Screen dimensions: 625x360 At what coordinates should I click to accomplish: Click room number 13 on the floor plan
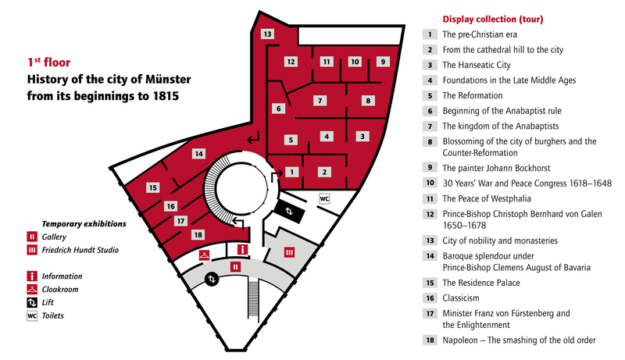coord(267,34)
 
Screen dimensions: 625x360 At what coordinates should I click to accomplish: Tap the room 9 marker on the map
coord(383,62)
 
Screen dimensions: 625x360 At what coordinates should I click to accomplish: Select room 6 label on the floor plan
coord(278,109)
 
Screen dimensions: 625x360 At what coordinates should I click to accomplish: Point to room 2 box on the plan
coord(324,172)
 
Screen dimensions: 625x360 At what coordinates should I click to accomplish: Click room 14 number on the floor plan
coord(198,154)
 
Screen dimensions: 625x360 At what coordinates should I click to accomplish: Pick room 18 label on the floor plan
coord(198,235)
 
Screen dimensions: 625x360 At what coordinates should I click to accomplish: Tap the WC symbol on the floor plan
coord(324,198)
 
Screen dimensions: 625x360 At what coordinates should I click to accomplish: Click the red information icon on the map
coord(242,250)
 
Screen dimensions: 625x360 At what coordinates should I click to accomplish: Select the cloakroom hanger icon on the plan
coord(204,255)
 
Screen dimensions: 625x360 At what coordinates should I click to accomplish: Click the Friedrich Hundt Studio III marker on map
coord(289,252)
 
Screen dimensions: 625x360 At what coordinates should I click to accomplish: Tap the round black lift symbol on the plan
coord(212,279)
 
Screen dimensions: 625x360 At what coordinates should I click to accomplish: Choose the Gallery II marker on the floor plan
coord(236,267)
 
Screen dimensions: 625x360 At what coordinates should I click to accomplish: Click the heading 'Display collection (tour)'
coord(493,19)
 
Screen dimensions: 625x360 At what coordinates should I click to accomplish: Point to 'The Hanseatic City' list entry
coord(477,65)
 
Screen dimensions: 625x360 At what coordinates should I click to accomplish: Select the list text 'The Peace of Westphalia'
coord(487,198)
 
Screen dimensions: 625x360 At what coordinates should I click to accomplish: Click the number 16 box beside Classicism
coord(430,298)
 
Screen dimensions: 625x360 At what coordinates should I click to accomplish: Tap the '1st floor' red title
coord(48,62)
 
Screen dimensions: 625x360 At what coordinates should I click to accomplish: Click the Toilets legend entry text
coord(52,315)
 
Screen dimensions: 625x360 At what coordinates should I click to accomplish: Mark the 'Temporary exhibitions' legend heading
coord(84,224)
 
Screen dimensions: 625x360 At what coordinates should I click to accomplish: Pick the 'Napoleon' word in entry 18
coord(460,340)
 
